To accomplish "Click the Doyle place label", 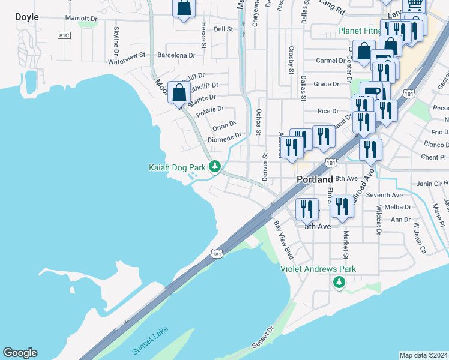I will pos(27,17).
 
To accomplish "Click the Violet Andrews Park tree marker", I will pos(339,281).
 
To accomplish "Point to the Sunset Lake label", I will pos(151,341).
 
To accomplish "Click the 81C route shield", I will pos(65,36).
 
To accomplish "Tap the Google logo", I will pos(20,353).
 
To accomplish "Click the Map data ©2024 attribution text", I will pos(423,355).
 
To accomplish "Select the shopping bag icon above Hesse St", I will pos(184,8).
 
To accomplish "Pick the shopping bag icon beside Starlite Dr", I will pos(179,93).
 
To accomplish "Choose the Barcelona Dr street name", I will pos(176,55).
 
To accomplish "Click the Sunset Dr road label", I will pos(262,338).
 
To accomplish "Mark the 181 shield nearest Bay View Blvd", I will pos(218,254).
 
